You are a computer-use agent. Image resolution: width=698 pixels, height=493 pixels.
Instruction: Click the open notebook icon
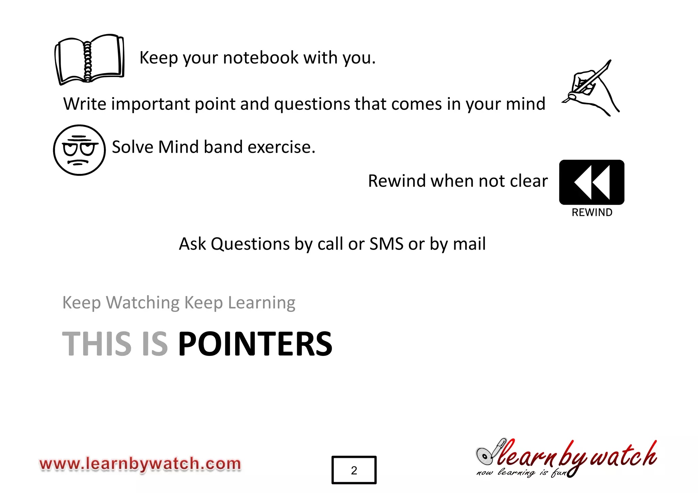pos(89,59)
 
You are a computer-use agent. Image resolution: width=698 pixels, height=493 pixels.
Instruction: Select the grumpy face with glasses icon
pos(79,150)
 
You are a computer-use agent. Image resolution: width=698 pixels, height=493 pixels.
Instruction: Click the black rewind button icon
pos(592,182)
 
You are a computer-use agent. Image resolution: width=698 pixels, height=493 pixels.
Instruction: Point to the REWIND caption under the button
pos(592,212)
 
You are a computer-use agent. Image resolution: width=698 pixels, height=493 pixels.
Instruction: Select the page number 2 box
pos(354,470)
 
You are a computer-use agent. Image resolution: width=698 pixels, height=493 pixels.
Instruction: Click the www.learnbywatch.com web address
pos(140,464)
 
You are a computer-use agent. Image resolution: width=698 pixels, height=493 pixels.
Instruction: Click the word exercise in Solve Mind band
pos(282,147)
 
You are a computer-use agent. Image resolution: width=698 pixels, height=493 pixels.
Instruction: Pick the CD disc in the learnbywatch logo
pos(484,456)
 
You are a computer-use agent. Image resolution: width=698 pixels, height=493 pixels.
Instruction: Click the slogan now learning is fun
pos(521,473)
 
